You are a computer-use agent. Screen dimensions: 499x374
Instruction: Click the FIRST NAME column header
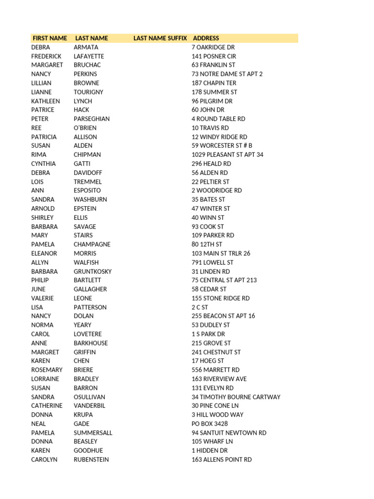point(50,38)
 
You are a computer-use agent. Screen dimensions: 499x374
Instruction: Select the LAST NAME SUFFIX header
point(160,38)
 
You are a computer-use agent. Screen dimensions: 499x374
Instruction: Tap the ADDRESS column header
point(206,38)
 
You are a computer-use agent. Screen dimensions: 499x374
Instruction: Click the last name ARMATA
point(86,47)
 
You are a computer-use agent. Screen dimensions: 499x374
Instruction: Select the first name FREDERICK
point(46,56)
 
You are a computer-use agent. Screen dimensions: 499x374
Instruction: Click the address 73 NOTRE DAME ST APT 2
point(227,74)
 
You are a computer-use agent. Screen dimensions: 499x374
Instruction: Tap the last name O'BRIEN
point(85,128)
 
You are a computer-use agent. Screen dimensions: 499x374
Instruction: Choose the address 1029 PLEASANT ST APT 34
point(227,154)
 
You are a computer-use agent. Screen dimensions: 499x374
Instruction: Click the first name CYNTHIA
point(43,164)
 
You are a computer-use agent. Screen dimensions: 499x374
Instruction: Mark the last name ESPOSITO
point(87,191)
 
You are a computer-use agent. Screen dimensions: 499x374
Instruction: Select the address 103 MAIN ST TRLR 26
point(221,253)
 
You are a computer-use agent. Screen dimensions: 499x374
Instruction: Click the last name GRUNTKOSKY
point(93,271)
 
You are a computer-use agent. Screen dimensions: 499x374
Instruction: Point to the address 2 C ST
point(200,307)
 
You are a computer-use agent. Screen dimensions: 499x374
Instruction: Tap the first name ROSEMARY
point(47,370)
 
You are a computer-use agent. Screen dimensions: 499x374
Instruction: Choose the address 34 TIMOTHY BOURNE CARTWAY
point(236,397)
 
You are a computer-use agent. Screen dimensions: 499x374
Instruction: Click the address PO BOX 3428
point(209,424)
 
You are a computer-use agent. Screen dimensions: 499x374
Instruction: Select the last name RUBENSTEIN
point(91,460)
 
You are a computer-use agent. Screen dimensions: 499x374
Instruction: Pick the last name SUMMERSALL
point(93,433)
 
